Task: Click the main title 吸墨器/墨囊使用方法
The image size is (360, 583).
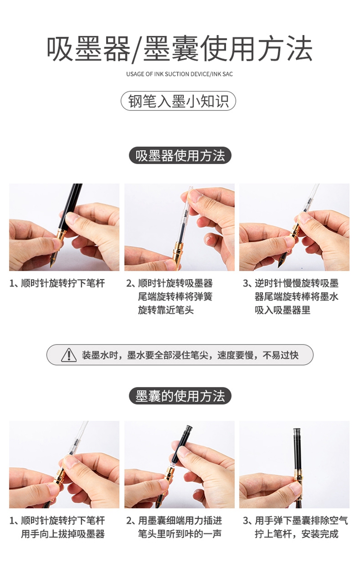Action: tap(180, 49)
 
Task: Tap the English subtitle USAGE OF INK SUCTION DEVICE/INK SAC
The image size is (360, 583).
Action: tap(180, 74)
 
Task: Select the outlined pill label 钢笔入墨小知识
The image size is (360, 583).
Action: tap(178, 101)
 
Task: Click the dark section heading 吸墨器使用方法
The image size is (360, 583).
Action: tap(180, 155)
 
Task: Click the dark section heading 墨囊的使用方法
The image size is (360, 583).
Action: tap(180, 396)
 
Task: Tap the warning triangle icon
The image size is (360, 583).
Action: tap(69, 355)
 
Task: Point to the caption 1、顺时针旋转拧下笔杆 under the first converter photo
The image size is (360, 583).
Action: tap(57, 283)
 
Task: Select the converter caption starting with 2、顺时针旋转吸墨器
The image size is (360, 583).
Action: tap(169, 297)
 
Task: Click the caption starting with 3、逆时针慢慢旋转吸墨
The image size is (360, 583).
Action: tap(291, 297)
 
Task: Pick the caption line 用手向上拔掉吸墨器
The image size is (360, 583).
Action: tap(63, 534)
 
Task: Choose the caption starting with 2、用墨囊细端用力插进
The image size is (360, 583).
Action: tap(174, 527)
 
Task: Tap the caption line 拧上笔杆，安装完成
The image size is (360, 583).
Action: tap(297, 534)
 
